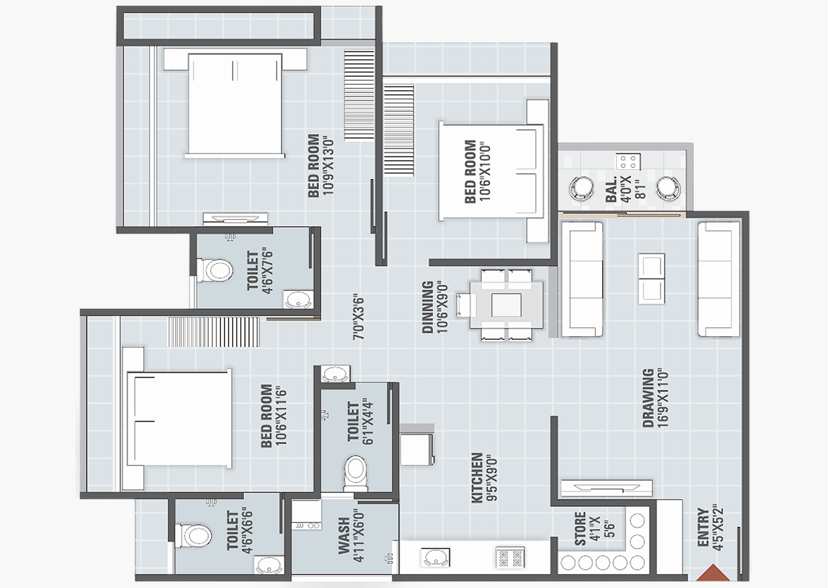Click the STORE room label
(x=580, y=529)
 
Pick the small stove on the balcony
(x=628, y=161)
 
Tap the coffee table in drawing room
(x=651, y=278)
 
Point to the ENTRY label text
(x=703, y=527)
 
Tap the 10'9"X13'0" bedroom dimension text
(x=328, y=166)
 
